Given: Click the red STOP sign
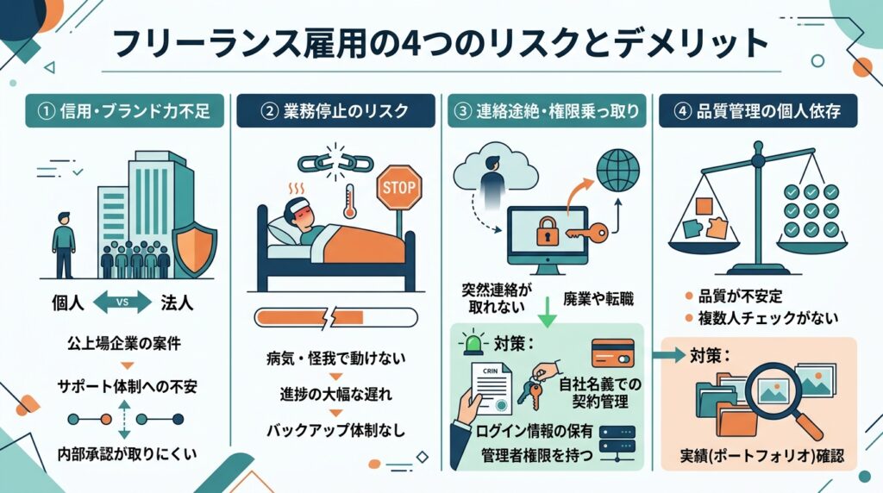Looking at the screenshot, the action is [398, 188].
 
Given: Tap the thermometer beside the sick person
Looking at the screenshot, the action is [350, 200].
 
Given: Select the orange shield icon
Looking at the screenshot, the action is [194, 247].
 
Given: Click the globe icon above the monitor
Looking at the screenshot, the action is [617, 170].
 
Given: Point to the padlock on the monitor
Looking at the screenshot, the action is [547, 231].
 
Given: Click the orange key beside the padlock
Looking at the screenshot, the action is [586, 231].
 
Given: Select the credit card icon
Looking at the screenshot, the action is [613, 353].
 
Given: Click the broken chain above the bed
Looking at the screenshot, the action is [335, 163].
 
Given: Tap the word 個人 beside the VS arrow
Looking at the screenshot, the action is [67, 303].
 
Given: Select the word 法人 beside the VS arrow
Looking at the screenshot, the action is [177, 303].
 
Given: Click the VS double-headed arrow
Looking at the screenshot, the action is [122, 303].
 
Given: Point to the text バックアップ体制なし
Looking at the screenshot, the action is [335, 431].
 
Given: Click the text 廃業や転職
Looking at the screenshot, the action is [598, 298].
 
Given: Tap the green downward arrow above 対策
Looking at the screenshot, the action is [547, 312].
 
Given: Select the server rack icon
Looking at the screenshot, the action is [617, 440].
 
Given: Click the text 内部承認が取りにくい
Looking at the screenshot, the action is [128, 453].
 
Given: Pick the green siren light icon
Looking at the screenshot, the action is [471, 343].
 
